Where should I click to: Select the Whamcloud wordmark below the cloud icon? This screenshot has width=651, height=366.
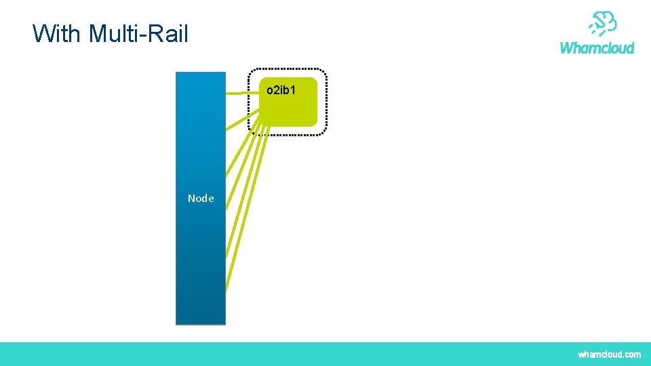[597, 47]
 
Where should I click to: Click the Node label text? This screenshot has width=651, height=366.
[201, 199]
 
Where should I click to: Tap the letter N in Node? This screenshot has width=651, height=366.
[192, 199]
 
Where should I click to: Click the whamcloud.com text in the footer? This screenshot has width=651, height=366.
[609, 354]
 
